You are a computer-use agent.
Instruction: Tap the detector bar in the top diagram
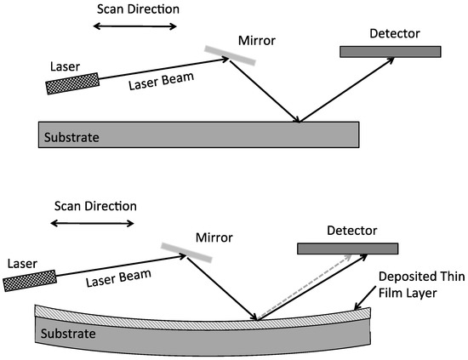click(391, 51)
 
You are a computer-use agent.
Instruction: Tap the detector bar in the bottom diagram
click(347, 248)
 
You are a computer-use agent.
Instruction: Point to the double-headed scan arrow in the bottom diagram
click(92, 224)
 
